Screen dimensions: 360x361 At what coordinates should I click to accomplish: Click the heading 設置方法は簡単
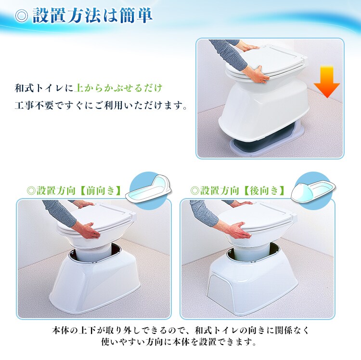(x=92, y=16)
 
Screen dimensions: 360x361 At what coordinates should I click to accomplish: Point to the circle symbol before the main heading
(x=21, y=16)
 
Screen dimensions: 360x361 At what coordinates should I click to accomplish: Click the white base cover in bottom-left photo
(x=96, y=284)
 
